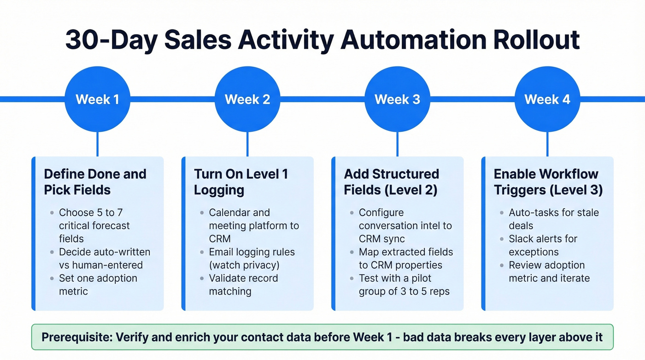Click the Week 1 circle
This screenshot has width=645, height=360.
point(97,99)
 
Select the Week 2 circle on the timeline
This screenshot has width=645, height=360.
point(247,99)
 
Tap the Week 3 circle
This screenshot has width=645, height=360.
point(397,99)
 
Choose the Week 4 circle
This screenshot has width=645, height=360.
point(547,99)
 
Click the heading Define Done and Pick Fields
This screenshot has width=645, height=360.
point(95,182)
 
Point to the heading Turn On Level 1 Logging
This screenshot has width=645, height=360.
point(241,182)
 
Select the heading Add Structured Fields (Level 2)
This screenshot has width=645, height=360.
point(391,182)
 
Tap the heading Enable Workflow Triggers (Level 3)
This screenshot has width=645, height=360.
point(548,182)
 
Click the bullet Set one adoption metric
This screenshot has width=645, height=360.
point(98,285)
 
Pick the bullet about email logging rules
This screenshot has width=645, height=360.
point(252,259)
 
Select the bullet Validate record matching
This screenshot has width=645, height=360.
point(243,285)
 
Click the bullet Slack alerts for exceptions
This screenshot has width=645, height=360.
point(543,245)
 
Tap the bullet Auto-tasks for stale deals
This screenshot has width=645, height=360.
point(553,219)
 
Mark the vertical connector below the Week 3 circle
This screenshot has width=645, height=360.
point(397,144)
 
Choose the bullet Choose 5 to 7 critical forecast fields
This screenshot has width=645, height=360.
point(94,225)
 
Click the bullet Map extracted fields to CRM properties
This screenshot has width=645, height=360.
point(405,259)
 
